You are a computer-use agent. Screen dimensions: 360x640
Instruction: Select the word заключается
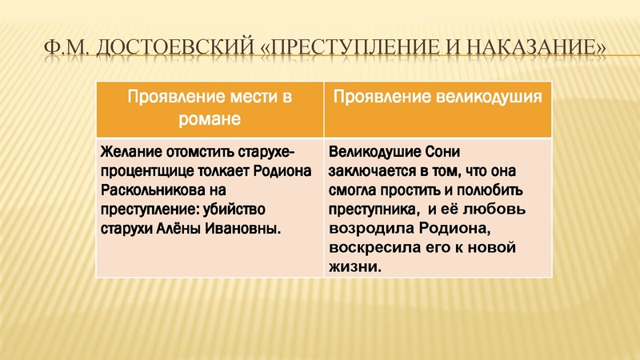coord(371,170)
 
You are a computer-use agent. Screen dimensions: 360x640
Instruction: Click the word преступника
coord(373,210)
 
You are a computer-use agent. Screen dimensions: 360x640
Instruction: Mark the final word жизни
coord(354,267)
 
